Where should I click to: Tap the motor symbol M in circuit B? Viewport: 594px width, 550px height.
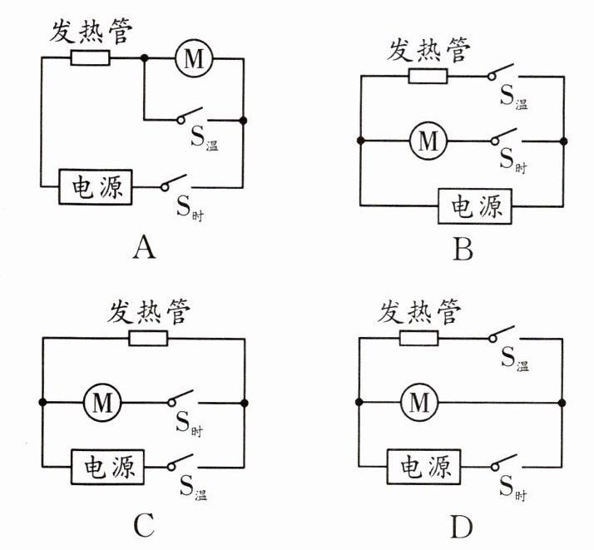428,141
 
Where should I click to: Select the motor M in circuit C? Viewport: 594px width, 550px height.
102,404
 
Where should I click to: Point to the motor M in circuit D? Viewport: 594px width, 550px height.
420,404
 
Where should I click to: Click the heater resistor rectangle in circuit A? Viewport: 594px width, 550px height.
89,58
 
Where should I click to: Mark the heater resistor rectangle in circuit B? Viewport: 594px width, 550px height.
428,77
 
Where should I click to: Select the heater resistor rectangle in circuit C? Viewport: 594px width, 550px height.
148,339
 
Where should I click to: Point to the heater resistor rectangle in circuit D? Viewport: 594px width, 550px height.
418,339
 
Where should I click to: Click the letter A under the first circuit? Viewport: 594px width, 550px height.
145,246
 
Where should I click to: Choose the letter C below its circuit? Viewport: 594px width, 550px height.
144,524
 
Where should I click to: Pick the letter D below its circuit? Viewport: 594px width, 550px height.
463,524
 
